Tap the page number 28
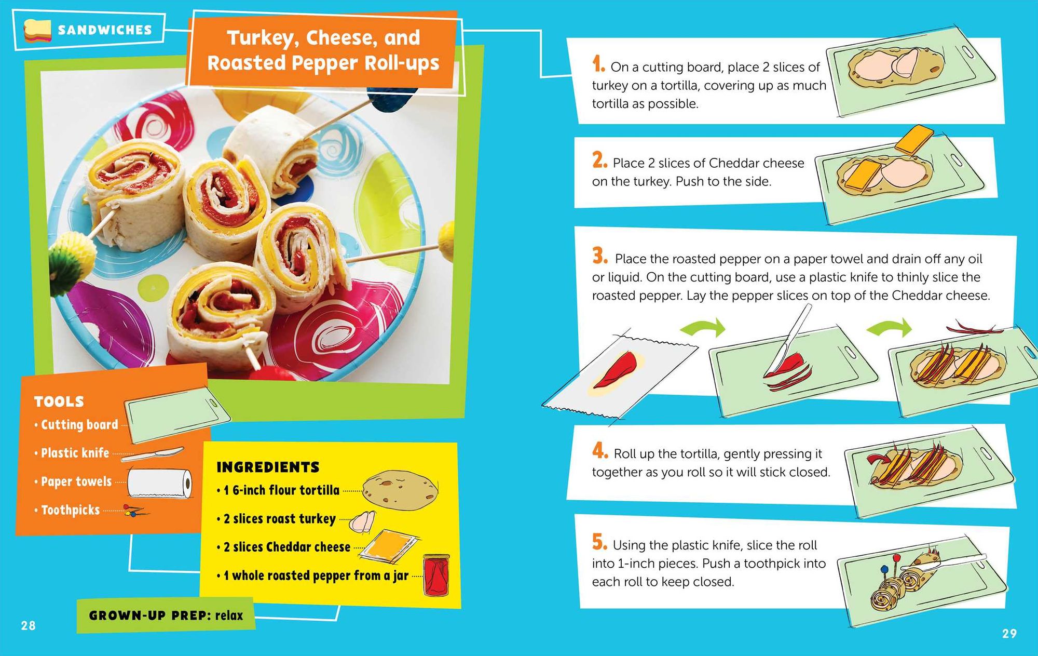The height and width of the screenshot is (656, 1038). coord(29,625)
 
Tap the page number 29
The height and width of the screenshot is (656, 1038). coord(1009,633)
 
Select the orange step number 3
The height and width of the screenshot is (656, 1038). coord(600,256)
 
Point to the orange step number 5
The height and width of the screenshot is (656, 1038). coord(599,542)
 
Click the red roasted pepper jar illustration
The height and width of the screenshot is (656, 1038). coord(436,574)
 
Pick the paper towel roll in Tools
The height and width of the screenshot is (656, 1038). coord(159,483)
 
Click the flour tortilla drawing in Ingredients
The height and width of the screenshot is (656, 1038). coord(400,490)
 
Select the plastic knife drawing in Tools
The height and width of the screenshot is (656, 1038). coord(153,454)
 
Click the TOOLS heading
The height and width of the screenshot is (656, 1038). coord(59,401)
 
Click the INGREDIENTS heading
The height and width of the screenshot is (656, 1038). coord(268,467)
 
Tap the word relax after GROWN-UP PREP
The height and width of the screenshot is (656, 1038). coord(229,615)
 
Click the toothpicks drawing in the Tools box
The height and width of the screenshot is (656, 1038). coord(135,510)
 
